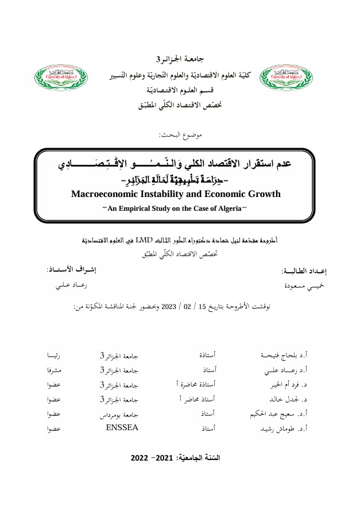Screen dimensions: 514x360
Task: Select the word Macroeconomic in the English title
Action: click(x=109, y=194)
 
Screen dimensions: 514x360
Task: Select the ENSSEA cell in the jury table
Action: click(x=122, y=428)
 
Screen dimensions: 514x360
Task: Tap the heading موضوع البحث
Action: click(x=180, y=134)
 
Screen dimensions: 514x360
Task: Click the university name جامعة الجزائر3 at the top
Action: click(x=181, y=59)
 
